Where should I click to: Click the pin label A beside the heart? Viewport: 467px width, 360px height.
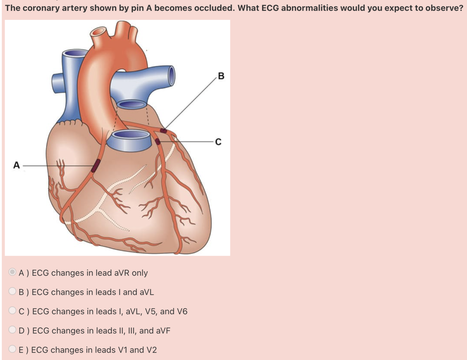point(16,165)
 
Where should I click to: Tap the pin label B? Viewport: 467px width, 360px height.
point(221,76)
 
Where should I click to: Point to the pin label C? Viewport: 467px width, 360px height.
point(218,142)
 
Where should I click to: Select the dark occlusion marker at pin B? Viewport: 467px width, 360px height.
point(163,131)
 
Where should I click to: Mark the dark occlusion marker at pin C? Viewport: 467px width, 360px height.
point(158,141)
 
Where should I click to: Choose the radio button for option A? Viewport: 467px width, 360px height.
point(12,272)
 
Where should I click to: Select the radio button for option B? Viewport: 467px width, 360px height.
point(12,291)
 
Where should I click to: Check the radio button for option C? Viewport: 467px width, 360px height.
point(12,311)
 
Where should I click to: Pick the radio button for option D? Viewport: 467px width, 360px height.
point(12,330)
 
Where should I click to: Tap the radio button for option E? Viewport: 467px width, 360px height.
point(12,349)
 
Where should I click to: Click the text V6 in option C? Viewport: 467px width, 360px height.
point(182,311)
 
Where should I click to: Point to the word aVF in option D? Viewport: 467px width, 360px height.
point(163,331)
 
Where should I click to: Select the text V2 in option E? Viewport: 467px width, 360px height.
point(151,350)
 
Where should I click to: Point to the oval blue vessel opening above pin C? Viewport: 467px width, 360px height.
point(131,105)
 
